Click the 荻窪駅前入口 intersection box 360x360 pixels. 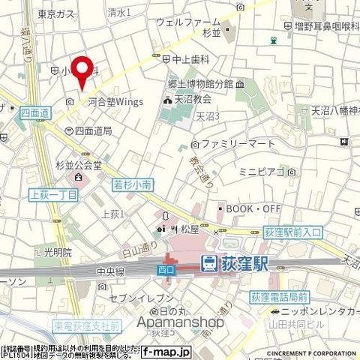(x=292, y=234)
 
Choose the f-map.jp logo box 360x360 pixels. (x=167, y=350)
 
